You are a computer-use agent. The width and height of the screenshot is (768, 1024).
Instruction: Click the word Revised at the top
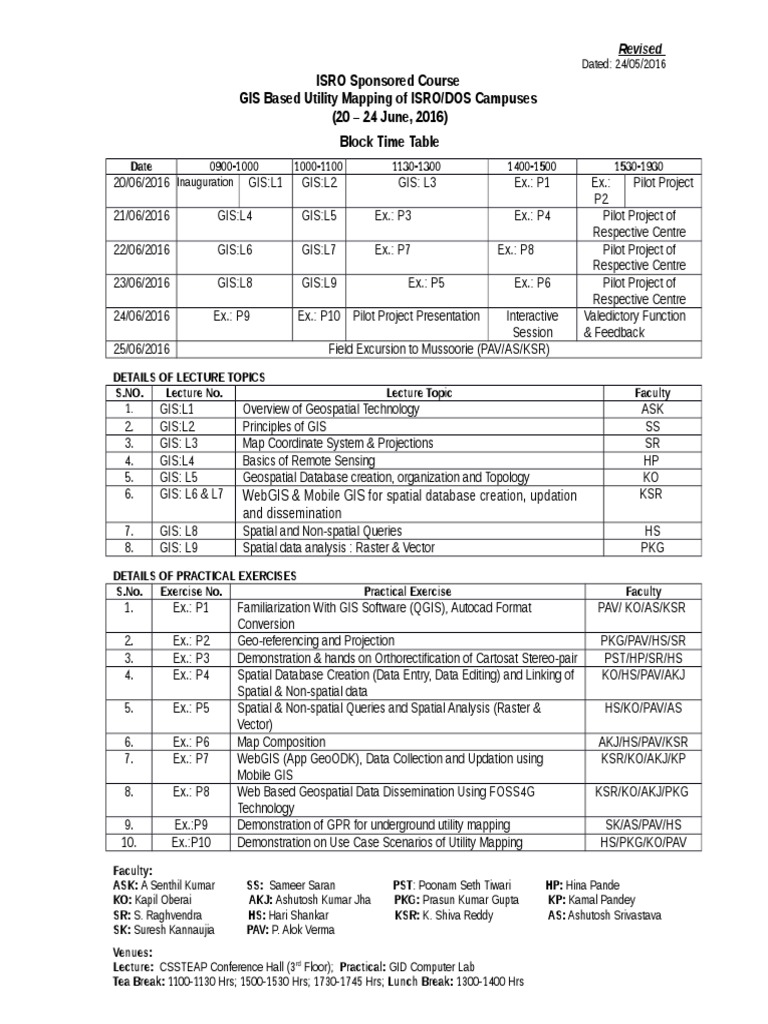642,50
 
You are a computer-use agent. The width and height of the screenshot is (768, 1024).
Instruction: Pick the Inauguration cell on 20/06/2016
206,183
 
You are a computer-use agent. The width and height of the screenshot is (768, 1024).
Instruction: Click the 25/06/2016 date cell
141,349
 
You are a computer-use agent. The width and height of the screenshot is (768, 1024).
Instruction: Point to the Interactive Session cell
531,324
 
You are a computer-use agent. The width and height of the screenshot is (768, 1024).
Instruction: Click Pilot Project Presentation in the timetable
416,316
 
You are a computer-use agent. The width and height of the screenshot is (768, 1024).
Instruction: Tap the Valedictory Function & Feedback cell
635,324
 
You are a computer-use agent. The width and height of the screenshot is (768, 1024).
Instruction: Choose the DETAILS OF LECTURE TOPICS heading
189,376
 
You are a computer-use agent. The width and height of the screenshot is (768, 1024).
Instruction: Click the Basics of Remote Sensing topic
309,461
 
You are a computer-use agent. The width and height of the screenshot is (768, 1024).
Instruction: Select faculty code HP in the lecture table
652,461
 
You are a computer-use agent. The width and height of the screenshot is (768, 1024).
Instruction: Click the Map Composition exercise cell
281,742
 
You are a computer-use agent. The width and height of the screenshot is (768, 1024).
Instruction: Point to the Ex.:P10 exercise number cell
191,843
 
